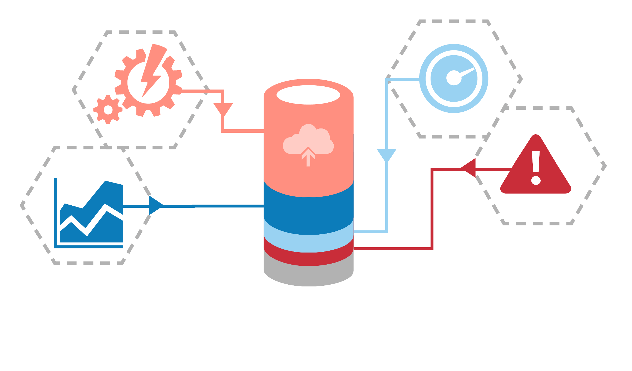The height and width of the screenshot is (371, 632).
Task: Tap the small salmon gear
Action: click(x=108, y=110)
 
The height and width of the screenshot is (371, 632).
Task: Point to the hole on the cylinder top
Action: click(x=308, y=95)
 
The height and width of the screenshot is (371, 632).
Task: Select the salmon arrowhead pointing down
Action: click(x=223, y=108)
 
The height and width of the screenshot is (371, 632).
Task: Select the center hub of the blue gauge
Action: click(x=453, y=78)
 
